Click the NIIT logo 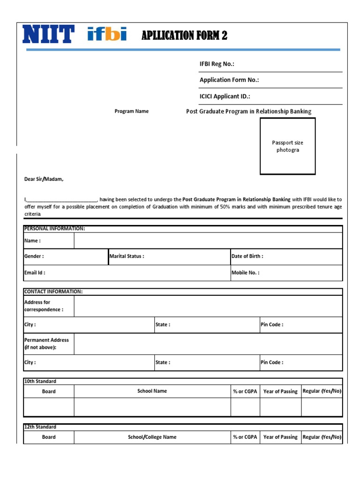[x=48, y=35]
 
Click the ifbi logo [x=107, y=34]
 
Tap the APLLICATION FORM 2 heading [x=184, y=36]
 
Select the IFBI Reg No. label [x=217, y=64]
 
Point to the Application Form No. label [x=229, y=80]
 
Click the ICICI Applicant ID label [x=225, y=97]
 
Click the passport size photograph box [x=288, y=146]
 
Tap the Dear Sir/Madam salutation [x=44, y=179]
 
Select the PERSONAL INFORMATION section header [x=54, y=228]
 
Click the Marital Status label [x=127, y=256]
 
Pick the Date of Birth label [x=247, y=256]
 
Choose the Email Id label [x=35, y=272]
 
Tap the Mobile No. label [x=245, y=272]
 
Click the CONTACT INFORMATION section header [x=53, y=292]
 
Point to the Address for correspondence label [x=44, y=306]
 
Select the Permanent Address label [x=46, y=344]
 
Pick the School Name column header [x=152, y=391]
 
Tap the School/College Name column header [x=152, y=437]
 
